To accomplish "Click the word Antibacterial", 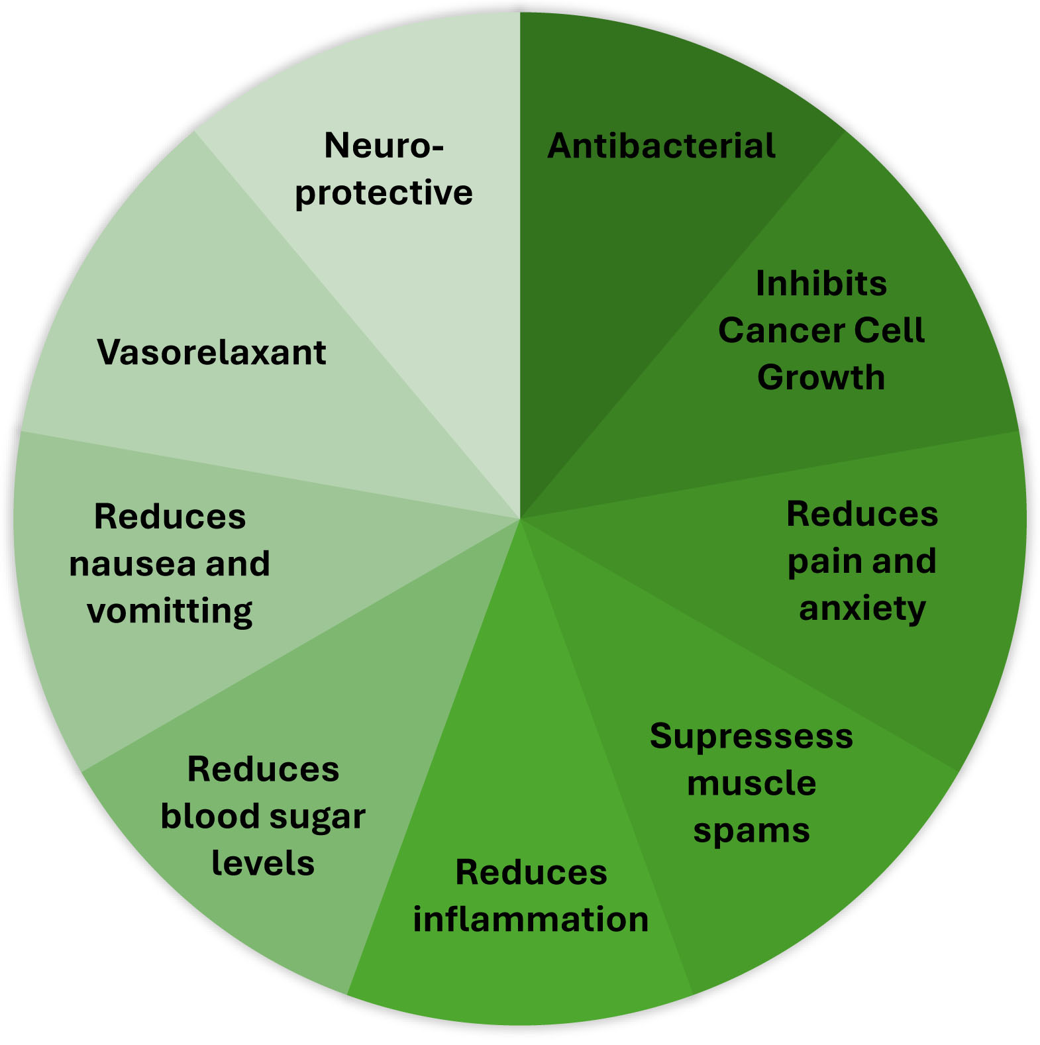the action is (x=661, y=146).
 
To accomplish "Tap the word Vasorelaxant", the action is (x=211, y=352).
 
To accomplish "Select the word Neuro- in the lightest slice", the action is (x=384, y=146).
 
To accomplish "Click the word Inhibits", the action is (x=821, y=283).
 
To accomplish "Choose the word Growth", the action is (x=821, y=377).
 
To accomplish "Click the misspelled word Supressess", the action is (x=751, y=737).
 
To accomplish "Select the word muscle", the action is (x=751, y=783).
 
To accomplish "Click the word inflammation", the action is (x=531, y=919).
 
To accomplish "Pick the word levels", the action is (x=263, y=863).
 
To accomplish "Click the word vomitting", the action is (x=170, y=611).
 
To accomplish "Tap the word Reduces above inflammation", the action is (x=531, y=872).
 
